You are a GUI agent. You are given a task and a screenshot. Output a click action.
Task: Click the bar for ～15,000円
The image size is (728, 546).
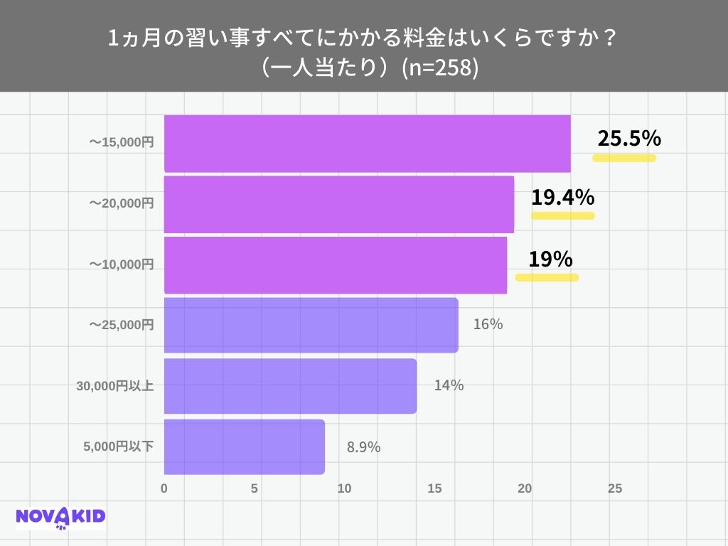coord(367,143)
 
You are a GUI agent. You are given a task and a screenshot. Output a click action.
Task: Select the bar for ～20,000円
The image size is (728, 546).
coord(339,204)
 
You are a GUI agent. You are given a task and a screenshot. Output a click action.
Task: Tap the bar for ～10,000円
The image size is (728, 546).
coord(336,264)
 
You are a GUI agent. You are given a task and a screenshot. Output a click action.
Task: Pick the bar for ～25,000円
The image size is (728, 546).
coord(311,325)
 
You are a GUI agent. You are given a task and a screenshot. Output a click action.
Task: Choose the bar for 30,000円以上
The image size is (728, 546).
coord(290,386)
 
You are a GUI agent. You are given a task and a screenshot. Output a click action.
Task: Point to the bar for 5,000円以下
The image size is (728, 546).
coord(245,447)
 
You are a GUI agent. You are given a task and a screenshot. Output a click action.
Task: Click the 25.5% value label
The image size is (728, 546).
coord(629,139)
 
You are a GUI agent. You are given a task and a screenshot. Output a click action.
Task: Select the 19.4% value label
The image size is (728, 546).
coord(562,198)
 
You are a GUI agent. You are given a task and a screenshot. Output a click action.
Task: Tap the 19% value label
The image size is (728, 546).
coord(550,259)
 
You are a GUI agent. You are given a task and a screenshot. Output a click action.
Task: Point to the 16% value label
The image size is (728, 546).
coord(488,325)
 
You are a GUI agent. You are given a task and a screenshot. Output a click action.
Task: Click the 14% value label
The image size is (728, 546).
coord(449,385)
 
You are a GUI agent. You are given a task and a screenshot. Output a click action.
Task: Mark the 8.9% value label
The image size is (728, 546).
coord(363,447)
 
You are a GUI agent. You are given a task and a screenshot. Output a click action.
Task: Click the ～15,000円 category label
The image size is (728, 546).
coord(121,143)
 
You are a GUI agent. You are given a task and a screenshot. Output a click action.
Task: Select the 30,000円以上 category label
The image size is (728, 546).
coord(115,387)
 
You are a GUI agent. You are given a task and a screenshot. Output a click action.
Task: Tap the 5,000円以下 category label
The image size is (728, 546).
coord(119,447)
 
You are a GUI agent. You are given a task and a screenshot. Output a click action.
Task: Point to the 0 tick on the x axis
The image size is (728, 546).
coord(164,489)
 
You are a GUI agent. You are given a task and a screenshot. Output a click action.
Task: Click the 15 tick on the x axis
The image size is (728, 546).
coord(434,489)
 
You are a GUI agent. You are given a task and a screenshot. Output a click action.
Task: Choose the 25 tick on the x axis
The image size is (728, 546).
coord(615,489)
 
